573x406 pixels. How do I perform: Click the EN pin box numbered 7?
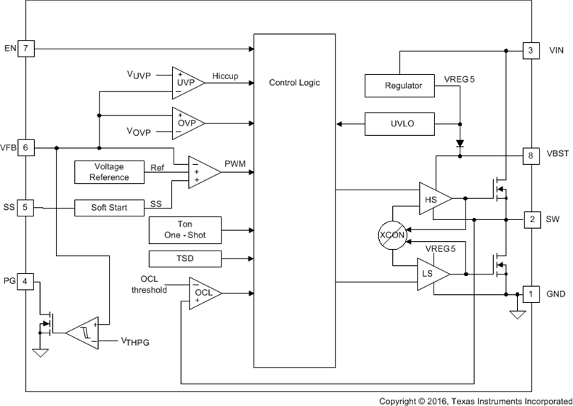click(25, 49)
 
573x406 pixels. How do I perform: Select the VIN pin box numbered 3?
click(531, 50)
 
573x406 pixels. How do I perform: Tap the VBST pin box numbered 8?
click(531, 155)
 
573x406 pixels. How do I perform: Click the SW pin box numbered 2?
click(531, 219)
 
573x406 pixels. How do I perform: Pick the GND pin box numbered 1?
click(531, 293)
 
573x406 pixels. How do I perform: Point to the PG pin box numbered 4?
click(25, 281)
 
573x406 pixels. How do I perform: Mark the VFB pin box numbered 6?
click(25, 147)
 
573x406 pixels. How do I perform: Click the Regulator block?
click(403, 86)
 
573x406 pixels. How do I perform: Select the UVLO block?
click(401, 123)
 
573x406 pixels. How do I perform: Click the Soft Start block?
click(109, 208)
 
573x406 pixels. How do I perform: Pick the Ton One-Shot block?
click(184, 230)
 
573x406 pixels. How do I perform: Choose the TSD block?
click(184, 259)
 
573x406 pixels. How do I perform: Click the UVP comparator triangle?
click(184, 83)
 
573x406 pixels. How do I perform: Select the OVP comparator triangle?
click(184, 122)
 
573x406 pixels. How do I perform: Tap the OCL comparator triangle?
click(203, 293)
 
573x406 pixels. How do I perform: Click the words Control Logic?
click(294, 83)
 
